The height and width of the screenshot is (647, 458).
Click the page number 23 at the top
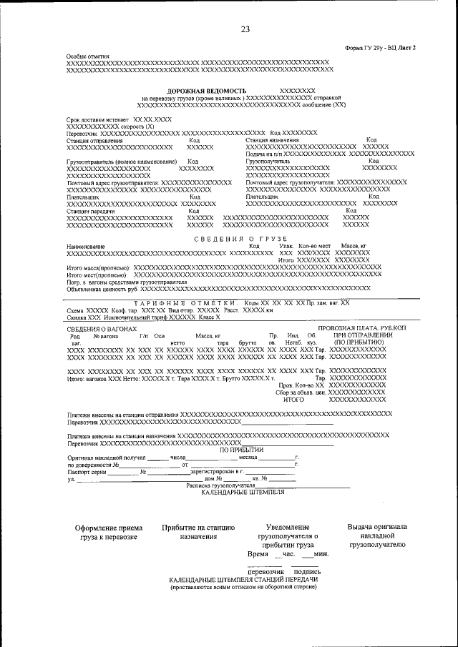[245, 29]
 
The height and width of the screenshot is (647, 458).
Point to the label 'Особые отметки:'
[87, 56]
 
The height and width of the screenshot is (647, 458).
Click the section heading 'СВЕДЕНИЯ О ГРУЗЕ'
[241, 237]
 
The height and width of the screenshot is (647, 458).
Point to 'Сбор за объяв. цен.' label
[300, 392]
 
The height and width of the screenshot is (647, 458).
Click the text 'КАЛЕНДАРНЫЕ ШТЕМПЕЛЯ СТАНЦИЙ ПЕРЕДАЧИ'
[243, 581]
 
